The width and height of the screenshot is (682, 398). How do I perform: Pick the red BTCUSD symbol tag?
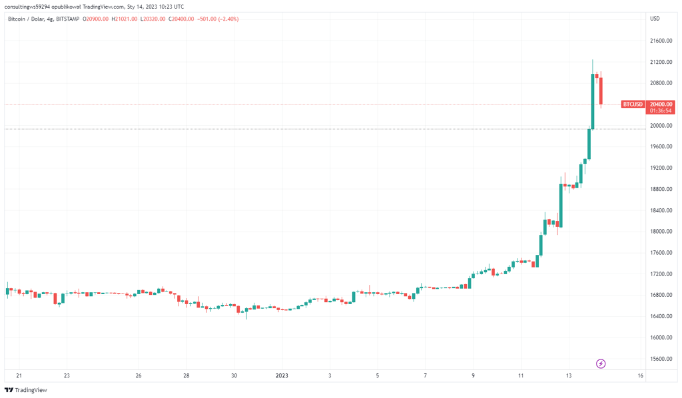(633, 104)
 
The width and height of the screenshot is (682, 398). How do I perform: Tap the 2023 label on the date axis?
(282, 376)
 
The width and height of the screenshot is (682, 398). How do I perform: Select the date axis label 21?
(19, 376)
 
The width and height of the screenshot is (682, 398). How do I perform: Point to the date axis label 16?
(640, 376)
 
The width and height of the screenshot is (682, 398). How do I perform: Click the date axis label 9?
(473, 376)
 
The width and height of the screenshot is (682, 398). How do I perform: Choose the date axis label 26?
(138, 376)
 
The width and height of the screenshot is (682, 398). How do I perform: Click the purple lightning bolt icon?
(601, 363)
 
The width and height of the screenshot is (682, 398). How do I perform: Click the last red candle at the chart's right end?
(601, 90)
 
